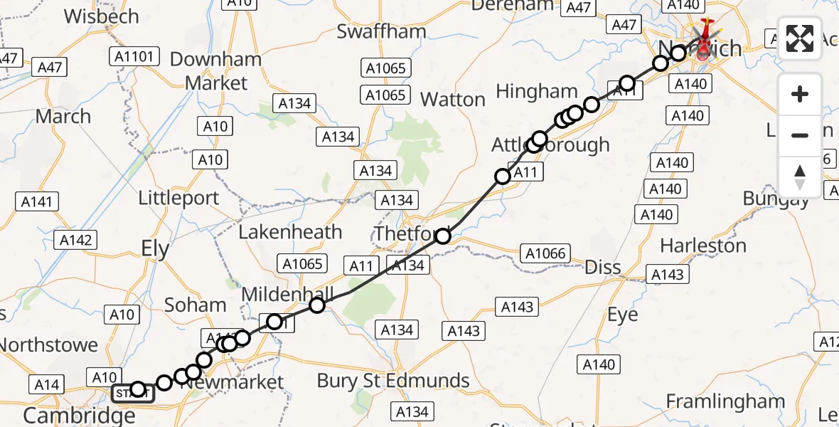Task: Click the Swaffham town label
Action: click(x=381, y=31)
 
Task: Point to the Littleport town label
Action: click(x=178, y=198)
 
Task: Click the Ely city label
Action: click(x=155, y=249)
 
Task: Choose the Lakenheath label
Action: click(x=290, y=232)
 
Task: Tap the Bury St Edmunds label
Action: click(x=393, y=381)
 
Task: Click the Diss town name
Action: click(x=602, y=268)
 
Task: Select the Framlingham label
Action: click(x=725, y=401)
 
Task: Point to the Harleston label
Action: click(x=703, y=246)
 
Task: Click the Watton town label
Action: click(x=452, y=100)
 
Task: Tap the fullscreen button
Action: click(x=800, y=38)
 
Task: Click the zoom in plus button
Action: click(x=800, y=94)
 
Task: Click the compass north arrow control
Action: click(x=800, y=176)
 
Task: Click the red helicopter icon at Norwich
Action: click(x=705, y=40)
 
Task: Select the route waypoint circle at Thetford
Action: click(x=443, y=236)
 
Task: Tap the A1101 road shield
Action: click(x=135, y=56)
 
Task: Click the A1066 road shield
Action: click(x=546, y=253)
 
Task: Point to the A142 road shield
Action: click(x=76, y=240)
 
